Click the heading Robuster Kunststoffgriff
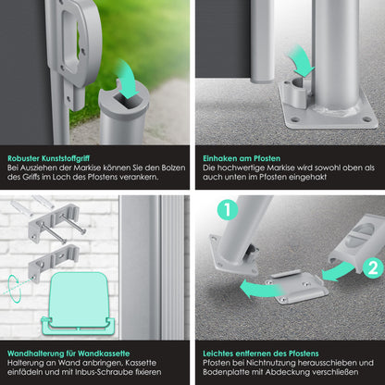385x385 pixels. (48, 158)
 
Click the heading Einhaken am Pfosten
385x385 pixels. (242, 158)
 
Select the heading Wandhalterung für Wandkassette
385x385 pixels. (68, 354)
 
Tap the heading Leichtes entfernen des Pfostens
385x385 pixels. (261, 354)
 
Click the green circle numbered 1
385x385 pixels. (228, 209)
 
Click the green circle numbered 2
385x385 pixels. (373, 267)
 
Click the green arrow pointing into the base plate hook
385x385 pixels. (302, 63)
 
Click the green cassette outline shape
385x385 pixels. (79, 304)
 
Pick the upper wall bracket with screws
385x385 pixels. (55, 221)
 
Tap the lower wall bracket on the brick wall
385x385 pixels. (53, 262)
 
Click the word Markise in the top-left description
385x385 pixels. (87, 168)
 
